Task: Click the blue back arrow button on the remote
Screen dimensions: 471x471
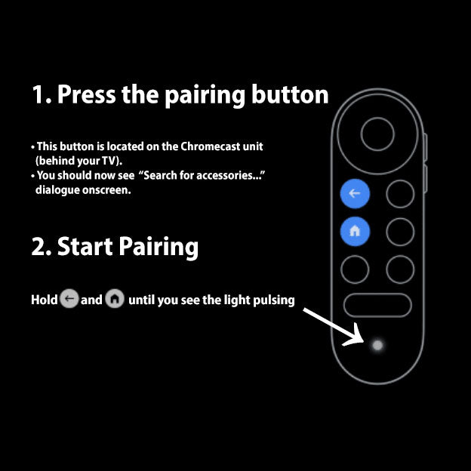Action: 355,194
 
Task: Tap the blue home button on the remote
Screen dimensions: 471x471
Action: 355,232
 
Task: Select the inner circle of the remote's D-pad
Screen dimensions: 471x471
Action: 377,134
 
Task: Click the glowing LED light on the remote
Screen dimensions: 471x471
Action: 377,345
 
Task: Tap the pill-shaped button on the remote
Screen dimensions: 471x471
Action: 377,305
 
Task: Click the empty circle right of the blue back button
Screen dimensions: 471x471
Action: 400,194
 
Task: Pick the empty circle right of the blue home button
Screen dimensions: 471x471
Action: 400,232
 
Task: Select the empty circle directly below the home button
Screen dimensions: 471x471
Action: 355,269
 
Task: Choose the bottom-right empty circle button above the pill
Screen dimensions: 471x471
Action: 400,269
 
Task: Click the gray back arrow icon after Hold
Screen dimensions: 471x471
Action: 69,300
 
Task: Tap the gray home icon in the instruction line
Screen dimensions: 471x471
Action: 115,300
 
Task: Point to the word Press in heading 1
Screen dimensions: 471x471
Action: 83,95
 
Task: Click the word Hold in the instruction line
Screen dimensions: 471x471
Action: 44,300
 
